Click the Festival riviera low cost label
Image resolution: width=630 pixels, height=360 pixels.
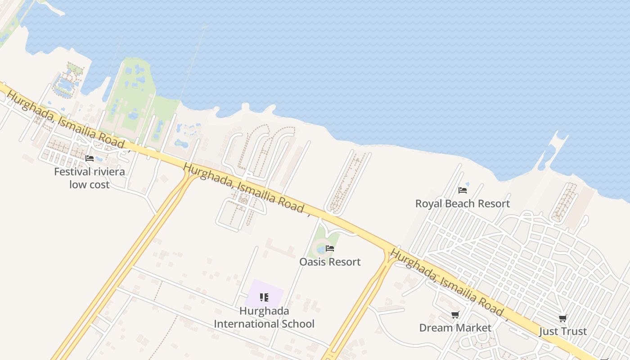(89, 178)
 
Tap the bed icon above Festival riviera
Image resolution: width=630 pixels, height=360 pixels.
(90, 158)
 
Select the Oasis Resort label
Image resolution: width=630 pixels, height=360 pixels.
(330, 262)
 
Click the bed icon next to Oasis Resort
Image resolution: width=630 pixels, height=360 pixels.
(330, 248)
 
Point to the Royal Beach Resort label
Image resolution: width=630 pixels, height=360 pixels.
(462, 203)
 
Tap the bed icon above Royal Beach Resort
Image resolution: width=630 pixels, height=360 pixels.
(462, 190)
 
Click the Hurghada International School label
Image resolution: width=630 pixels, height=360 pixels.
(264, 317)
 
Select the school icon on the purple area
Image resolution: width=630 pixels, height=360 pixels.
(264, 297)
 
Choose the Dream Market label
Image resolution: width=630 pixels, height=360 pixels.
(455, 328)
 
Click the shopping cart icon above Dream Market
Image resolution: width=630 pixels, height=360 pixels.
(455, 315)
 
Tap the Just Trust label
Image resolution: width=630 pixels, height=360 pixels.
(562, 332)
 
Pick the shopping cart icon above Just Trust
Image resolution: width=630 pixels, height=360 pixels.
(562, 319)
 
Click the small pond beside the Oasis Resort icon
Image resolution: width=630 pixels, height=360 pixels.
(320, 248)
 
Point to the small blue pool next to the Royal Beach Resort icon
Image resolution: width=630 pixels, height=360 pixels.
(467, 184)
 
